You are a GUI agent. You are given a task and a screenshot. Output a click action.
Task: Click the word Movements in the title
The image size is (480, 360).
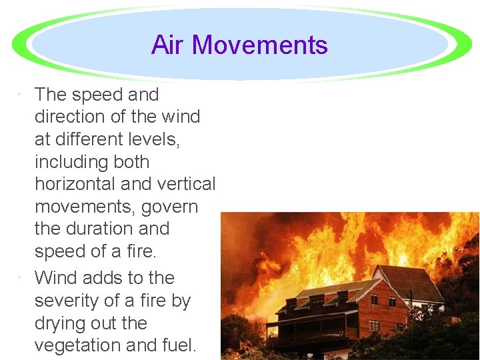click(x=260, y=45)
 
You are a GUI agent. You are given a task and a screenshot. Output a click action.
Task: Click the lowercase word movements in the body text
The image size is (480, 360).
click(x=84, y=207)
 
